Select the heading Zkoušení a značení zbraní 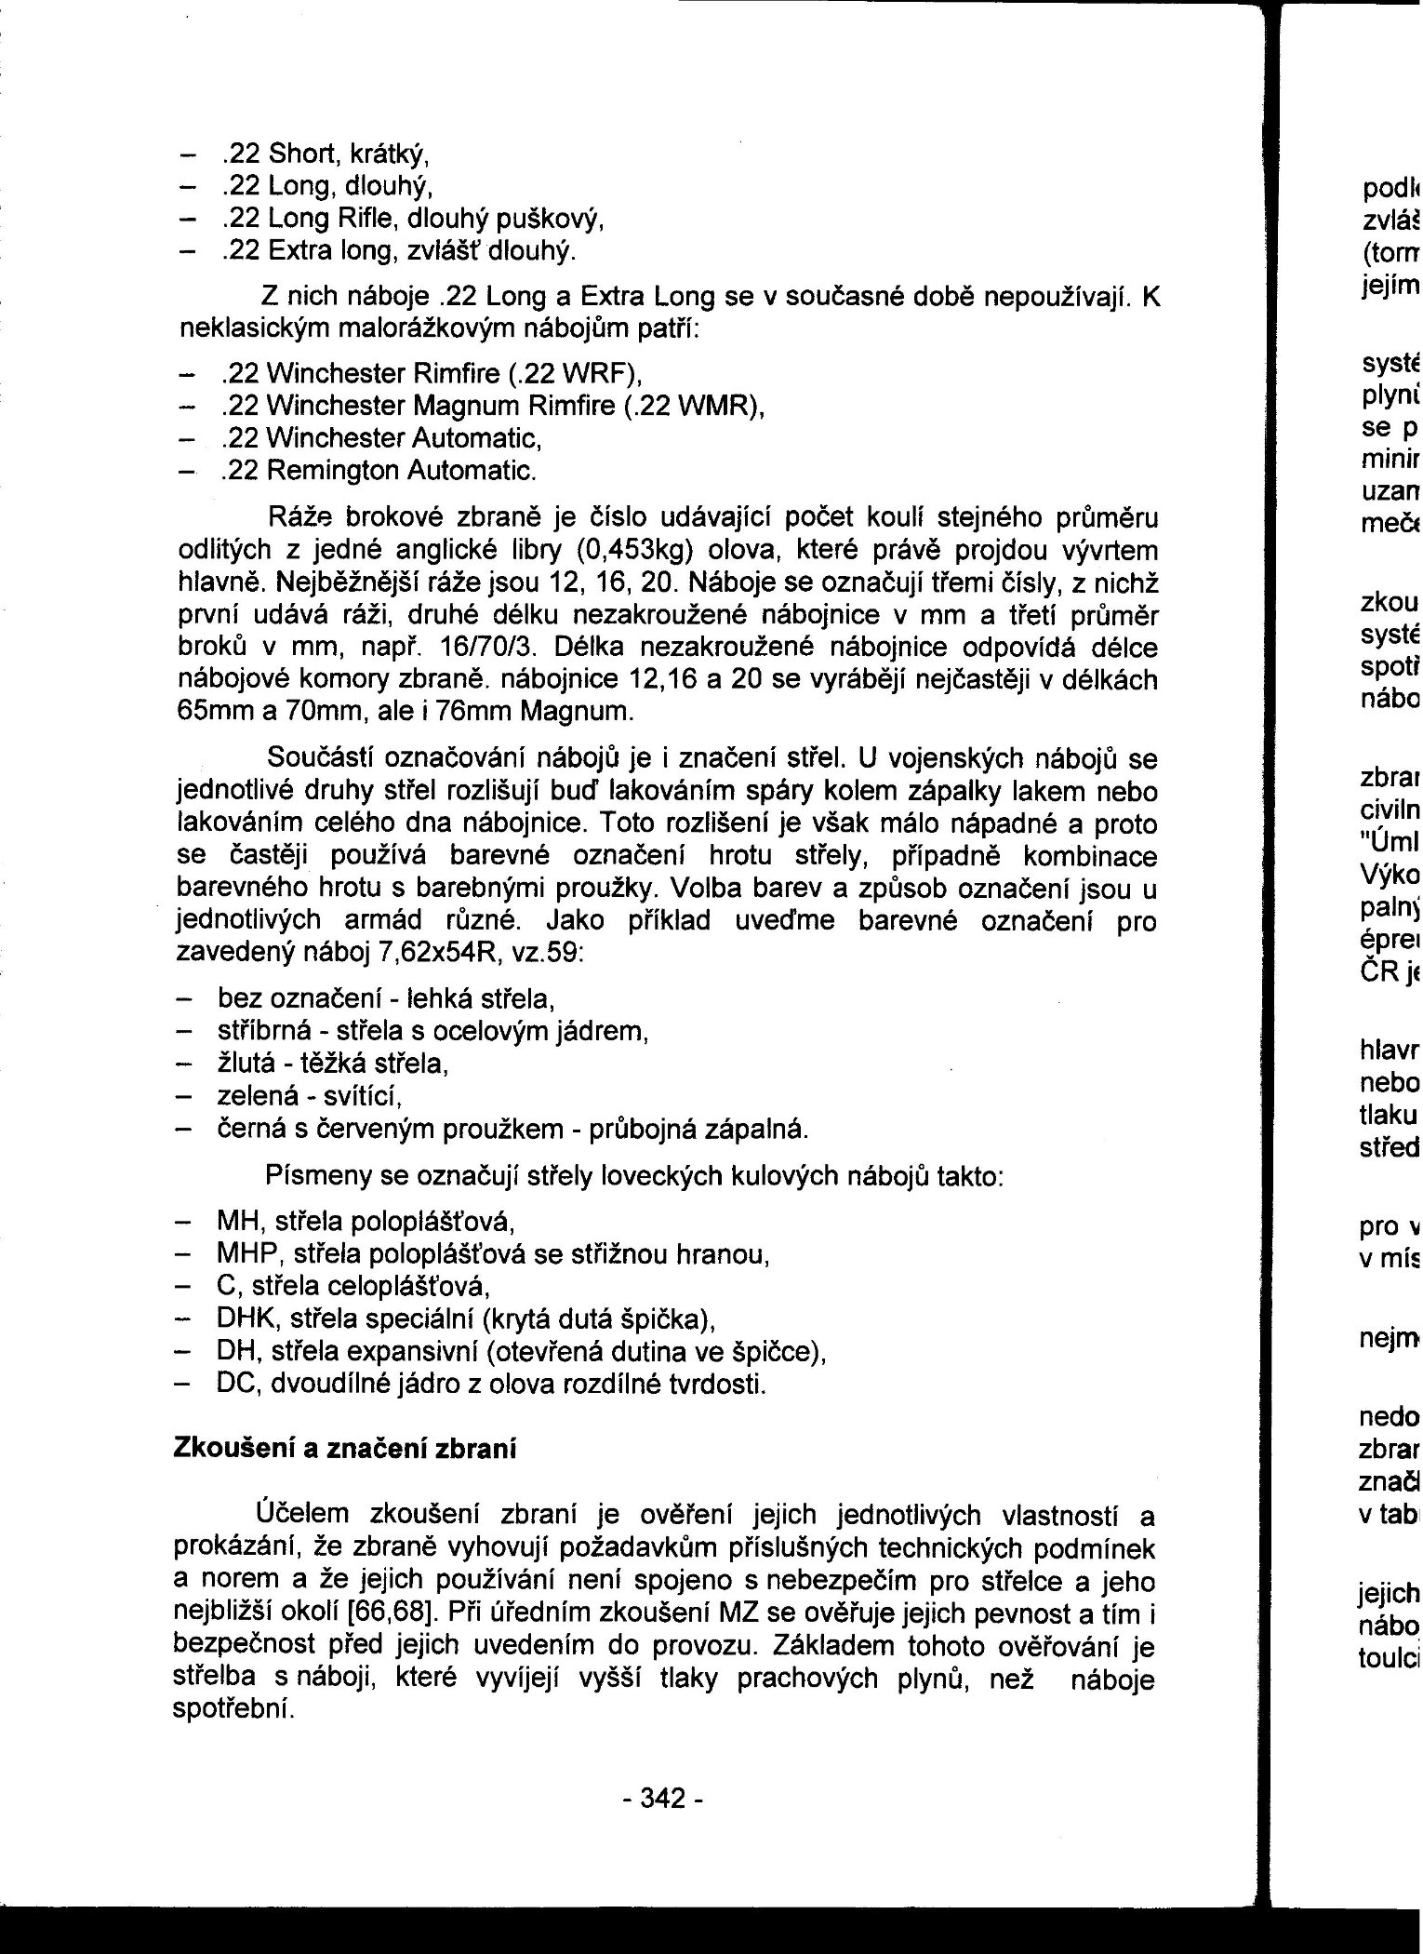(345, 1449)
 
